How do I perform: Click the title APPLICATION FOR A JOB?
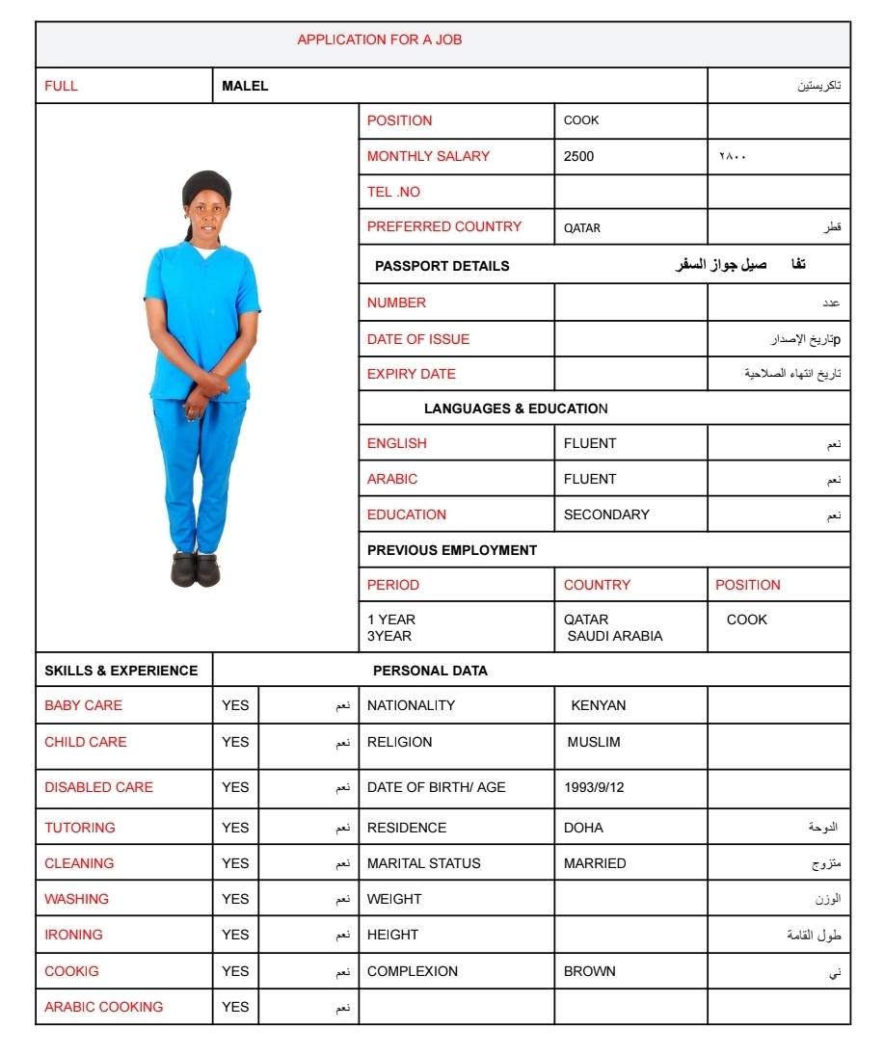tap(379, 40)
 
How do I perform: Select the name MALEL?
tap(245, 86)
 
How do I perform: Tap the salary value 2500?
tap(578, 156)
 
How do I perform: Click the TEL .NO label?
tap(393, 192)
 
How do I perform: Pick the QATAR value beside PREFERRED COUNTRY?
tap(582, 228)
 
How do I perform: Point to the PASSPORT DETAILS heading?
tap(442, 266)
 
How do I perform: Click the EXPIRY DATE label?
tap(411, 374)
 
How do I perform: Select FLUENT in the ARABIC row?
tap(589, 479)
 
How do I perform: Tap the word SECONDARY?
tap(606, 514)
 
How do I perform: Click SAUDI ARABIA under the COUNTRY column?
tap(615, 636)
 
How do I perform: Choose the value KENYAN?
tap(598, 705)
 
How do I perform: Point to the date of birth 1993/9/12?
tap(594, 787)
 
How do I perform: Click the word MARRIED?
tap(595, 863)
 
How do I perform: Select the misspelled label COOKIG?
tap(71, 971)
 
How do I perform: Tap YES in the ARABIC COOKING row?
tap(235, 1007)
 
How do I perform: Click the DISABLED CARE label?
tap(98, 787)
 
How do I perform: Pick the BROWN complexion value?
tap(589, 971)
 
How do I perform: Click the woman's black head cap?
tap(206, 185)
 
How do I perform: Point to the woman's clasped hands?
tap(205, 388)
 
